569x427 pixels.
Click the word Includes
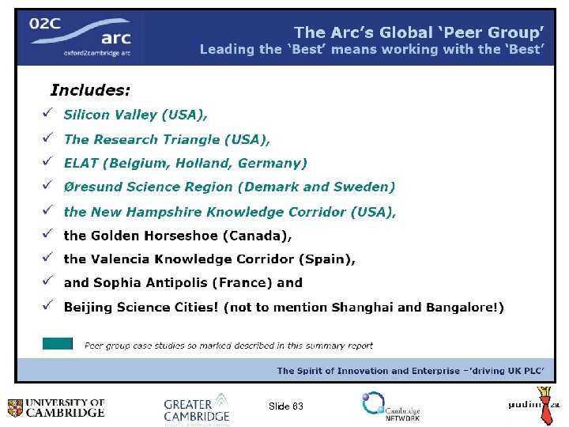[90, 89]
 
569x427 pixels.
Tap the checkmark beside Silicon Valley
[47, 114]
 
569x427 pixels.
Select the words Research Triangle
[156, 139]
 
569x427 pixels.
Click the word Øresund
[92, 187]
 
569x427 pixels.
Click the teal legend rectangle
[58, 344]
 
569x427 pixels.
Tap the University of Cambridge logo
[55, 408]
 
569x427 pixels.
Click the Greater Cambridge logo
[197, 407]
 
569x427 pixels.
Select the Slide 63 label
[285, 406]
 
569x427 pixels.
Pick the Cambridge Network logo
[390, 406]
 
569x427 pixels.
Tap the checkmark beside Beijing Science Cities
[47, 306]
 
